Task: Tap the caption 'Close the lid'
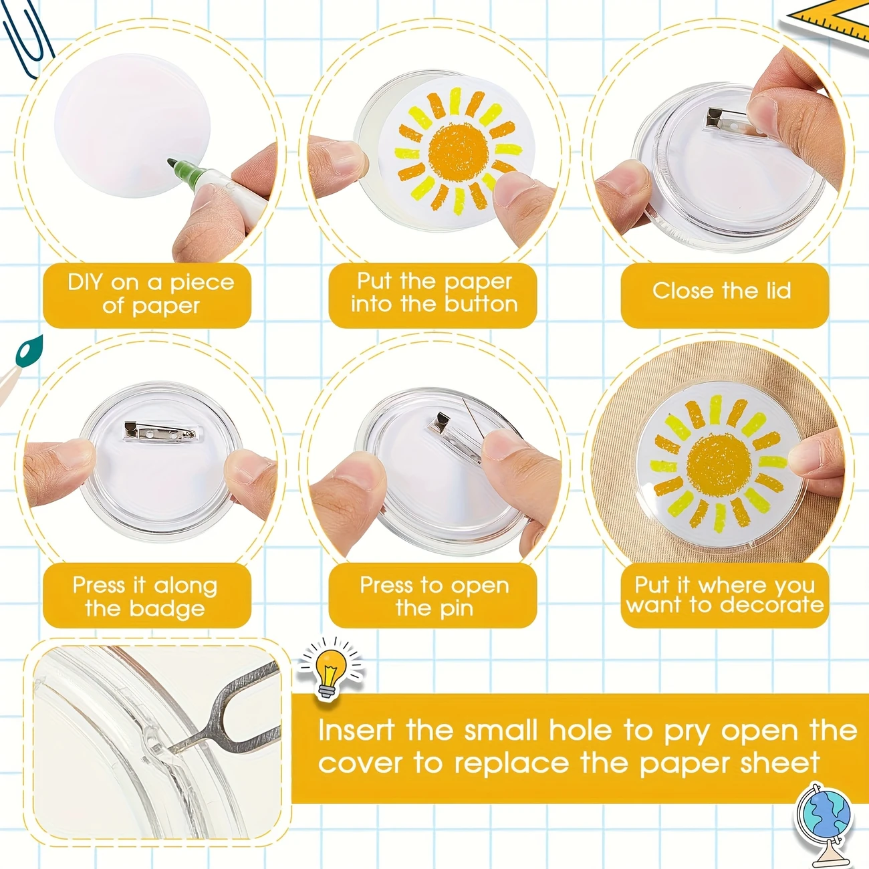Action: (x=722, y=291)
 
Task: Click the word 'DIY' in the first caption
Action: (x=85, y=282)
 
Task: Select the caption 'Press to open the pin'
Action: (x=434, y=596)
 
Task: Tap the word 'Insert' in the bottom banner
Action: (x=356, y=730)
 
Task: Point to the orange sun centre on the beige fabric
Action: (x=719, y=462)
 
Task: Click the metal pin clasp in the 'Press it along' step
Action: (x=160, y=432)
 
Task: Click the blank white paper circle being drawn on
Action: (x=127, y=124)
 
